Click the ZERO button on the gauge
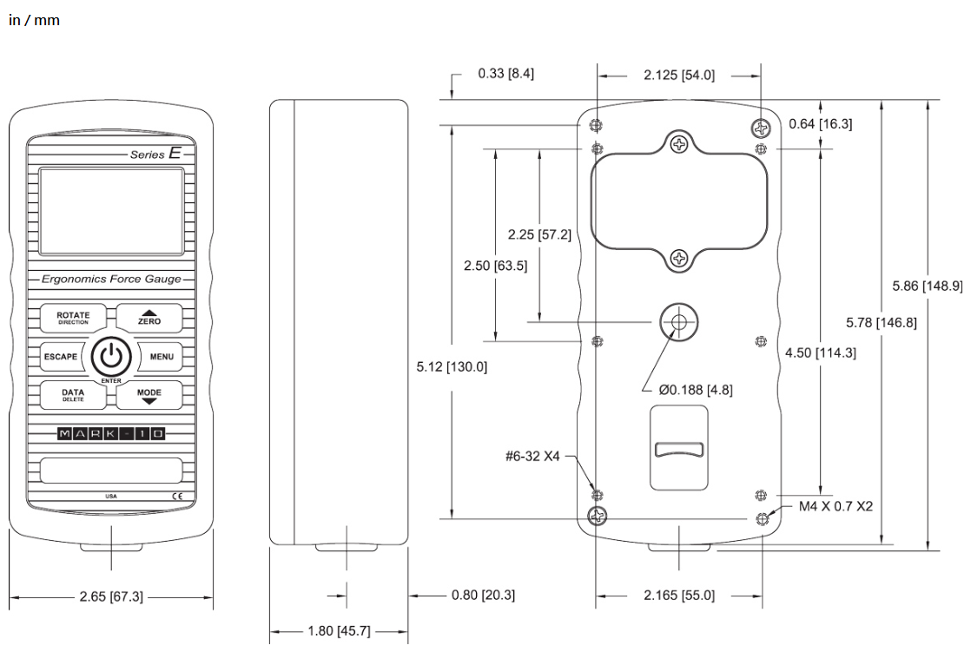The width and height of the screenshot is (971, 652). pos(149,319)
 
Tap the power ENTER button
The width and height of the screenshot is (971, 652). pos(111,357)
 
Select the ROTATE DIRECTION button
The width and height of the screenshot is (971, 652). pos(73,319)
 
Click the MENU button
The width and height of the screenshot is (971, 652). pos(161,357)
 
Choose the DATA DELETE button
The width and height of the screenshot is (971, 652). pos(73,395)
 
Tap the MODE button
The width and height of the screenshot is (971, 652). pos(149,395)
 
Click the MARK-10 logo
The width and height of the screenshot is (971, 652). pos(111,434)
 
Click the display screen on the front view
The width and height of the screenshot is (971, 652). pos(111,211)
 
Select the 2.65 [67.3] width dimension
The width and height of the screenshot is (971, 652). pos(111,597)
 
